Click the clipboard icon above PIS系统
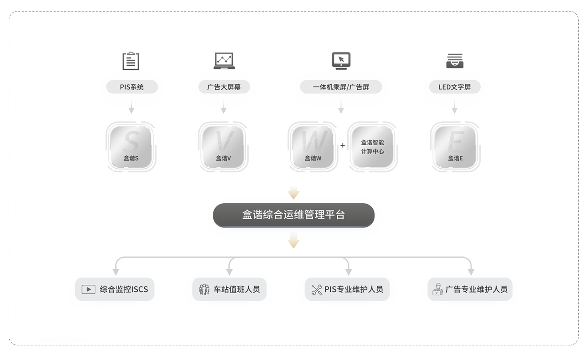[130, 61]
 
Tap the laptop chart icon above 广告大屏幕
[224, 61]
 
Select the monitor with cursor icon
[340, 61]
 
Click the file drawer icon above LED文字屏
[454, 61]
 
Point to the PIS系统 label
[132, 87]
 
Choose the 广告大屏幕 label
[224, 87]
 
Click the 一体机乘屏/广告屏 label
[341, 87]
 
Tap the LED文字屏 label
[455, 87]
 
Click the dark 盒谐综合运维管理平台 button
[293, 215]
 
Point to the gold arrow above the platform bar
[293, 192]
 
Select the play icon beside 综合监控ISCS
[89, 290]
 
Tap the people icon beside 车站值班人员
[204, 290]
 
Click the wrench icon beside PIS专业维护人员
[317, 290]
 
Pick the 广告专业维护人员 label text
[476, 290]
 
